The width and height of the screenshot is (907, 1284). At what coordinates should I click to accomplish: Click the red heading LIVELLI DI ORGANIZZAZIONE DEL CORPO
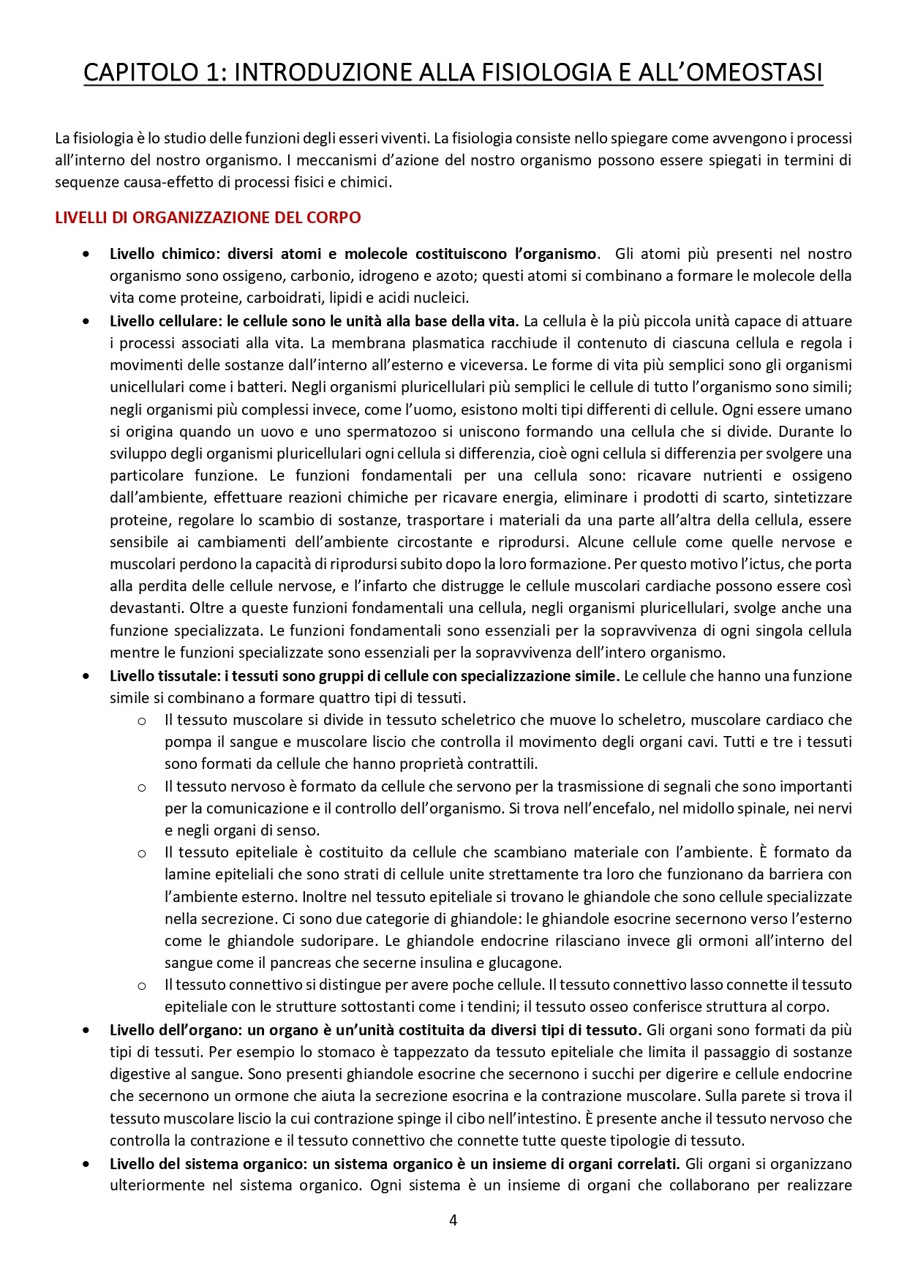208,217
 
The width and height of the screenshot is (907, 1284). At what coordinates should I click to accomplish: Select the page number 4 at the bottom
453,1220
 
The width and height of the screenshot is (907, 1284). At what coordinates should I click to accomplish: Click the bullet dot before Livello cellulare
87,321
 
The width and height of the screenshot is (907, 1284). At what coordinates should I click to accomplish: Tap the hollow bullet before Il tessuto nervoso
142,787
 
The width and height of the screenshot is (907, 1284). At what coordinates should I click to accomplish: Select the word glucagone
526,963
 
